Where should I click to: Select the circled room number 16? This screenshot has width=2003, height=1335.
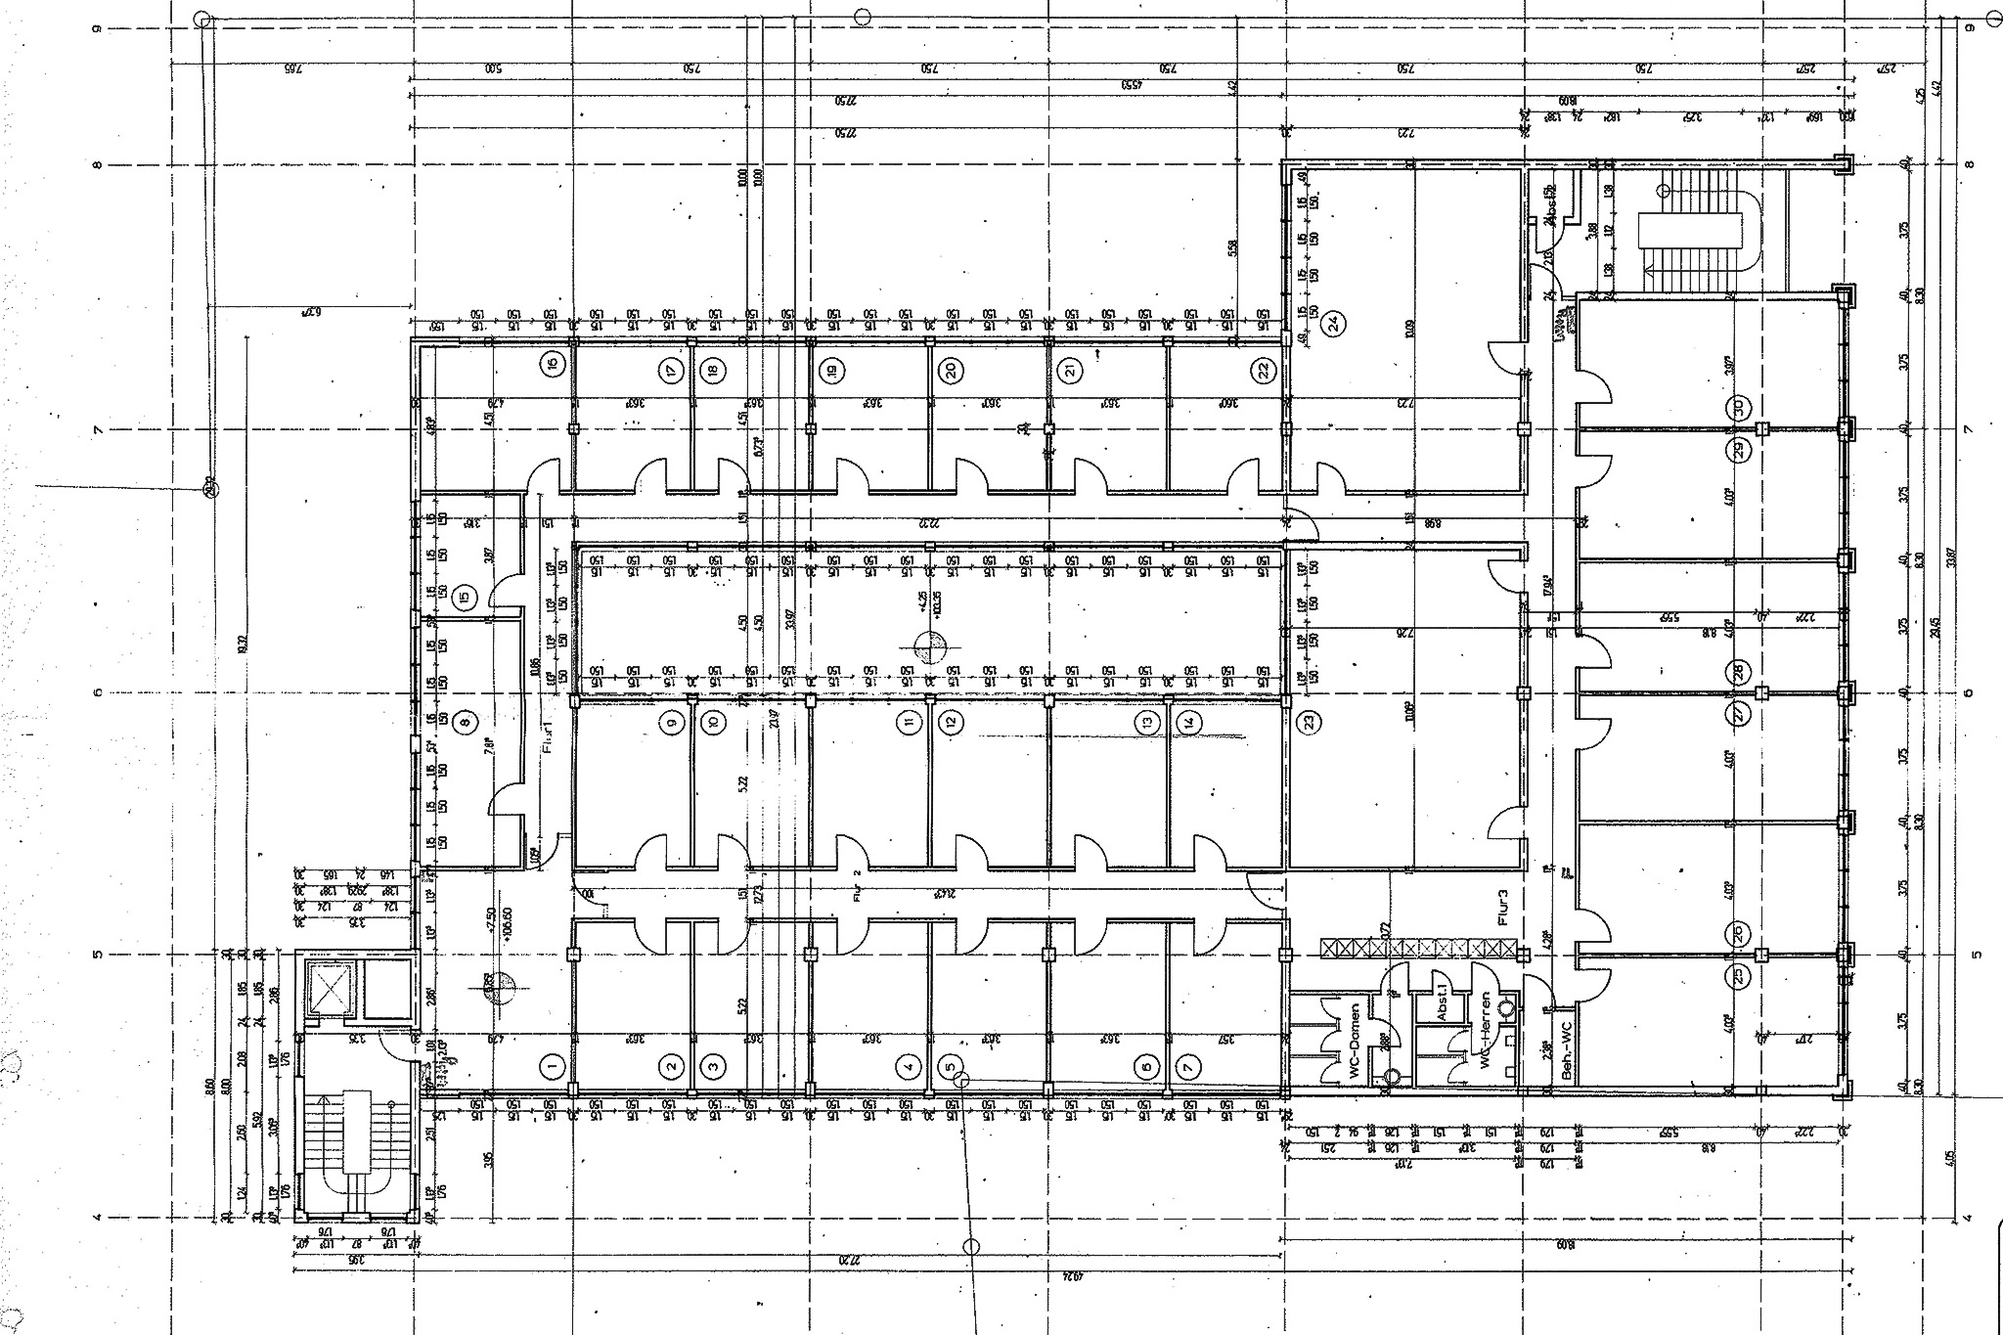[x=553, y=365]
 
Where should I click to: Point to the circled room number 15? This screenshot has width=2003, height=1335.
[x=466, y=595]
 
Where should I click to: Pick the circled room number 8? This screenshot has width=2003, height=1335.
[x=466, y=723]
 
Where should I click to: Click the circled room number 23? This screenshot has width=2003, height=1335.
[x=1310, y=723]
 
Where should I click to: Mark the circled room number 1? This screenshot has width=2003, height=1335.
[x=553, y=1066]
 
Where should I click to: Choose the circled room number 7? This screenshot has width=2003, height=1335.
[x=1187, y=1066]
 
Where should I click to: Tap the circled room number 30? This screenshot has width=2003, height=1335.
[x=1739, y=408]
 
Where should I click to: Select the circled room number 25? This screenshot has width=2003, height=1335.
[x=1739, y=975]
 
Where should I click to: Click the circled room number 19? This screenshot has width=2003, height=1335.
[x=832, y=370]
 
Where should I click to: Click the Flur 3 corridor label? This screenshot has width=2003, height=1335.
[x=1503, y=906]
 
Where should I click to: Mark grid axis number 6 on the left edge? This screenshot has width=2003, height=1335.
[x=97, y=692]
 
